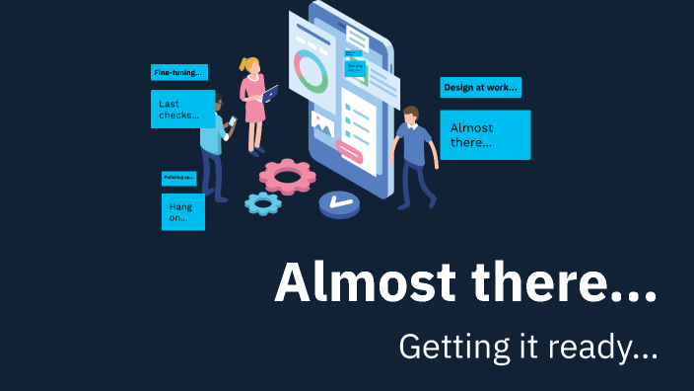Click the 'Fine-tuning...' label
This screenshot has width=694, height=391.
pyautogui.click(x=179, y=72)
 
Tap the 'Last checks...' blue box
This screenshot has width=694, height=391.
pyautogui.click(x=182, y=110)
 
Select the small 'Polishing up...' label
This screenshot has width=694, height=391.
pyautogui.click(x=178, y=178)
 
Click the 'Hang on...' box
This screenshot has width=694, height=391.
pyautogui.click(x=182, y=211)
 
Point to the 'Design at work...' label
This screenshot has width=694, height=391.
pyautogui.click(x=480, y=87)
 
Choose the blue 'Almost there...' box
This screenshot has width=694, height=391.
pyautogui.click(x=485, y=135)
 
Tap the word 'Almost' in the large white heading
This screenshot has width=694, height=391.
pyautogui.click(x=364, y=283)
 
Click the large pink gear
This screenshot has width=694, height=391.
pyautogui.click(x=288, y=177)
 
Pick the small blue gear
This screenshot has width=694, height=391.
pyautogui.click(x=262, y=203)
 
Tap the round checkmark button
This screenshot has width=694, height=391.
pyautogui.click(x=339, y=203)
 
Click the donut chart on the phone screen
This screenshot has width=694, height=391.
pyautogui.click(x=312, y=71)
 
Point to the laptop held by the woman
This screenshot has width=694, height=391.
pyautogui.click(x=269, y=94)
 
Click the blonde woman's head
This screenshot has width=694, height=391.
pyautogui.click(x=250, y=67)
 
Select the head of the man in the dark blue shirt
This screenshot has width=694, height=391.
pyautogui.click(x=411, y=115)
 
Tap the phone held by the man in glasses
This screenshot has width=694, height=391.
pyautogui.click(x=233, y=122)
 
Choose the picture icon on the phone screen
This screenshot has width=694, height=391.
pyautogui.click(x=322, y=122)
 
